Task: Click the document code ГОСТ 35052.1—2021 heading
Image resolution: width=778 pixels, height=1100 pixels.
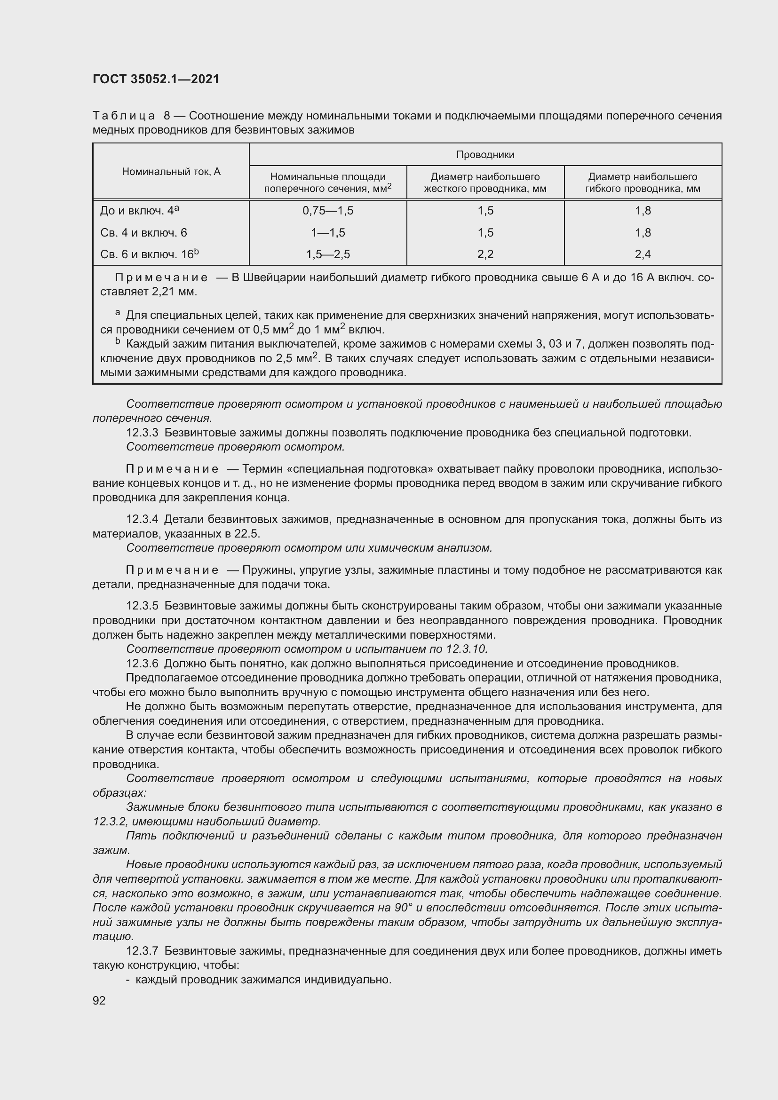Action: coord(156,79)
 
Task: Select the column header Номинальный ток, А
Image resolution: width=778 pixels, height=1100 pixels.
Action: coord(171,172)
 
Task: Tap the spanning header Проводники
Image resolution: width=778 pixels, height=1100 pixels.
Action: coord(485,155)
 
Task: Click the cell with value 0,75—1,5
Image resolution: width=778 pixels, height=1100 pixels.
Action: coord(328,211)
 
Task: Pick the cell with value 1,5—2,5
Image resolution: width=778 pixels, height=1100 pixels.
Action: coord(328,254)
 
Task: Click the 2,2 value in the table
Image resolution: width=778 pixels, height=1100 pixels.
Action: coord(485,254)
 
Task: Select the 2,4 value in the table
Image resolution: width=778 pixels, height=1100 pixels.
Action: coord(643,254)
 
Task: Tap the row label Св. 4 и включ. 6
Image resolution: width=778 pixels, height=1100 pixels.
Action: coord(143,233)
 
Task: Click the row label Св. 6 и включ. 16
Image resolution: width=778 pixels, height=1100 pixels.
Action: coord(149,254)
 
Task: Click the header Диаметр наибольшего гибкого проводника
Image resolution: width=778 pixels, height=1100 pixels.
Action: coord(643,182)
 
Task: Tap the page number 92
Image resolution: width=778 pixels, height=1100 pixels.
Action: coord(99,1000)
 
